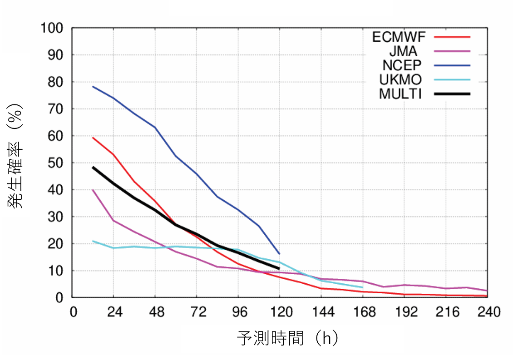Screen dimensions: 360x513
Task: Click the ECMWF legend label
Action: [x=399, y=37]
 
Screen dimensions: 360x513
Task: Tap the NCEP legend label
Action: [x=402, y=66]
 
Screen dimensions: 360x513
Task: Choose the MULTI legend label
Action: [x=400, y=94]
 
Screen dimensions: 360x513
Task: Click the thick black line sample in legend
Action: [x=452, y=94]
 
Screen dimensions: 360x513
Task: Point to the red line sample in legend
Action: [x=452, y=37]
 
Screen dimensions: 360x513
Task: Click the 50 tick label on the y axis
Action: [x=56, y=163]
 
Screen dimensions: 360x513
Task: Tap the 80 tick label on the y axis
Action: [x=56, y=82]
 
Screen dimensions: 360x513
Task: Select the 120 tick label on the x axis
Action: [x=279, y=312]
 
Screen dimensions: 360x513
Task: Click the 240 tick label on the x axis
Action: [x=486, y=312]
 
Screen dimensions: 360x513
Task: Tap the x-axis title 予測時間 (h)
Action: [x=287, y=338]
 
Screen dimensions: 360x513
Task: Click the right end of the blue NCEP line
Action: [x=279, y=254]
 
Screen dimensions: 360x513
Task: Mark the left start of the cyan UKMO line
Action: [x=93, y=241]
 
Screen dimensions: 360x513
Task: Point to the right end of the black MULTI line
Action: [x=279, y=268]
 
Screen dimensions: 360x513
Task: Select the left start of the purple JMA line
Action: [x=93, y=190]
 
